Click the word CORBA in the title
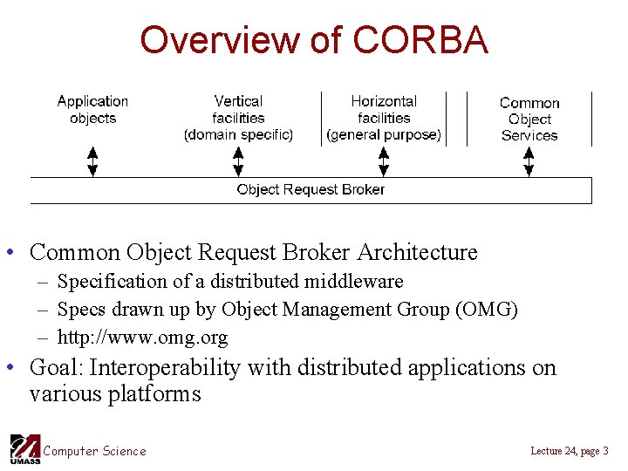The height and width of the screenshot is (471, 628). pyautogui.click(x=420, y=40)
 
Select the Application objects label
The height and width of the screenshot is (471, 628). pyautogui.click(x=92, y=110)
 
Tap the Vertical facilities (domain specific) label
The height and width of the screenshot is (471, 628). pyautogui.click(x=238, y=118)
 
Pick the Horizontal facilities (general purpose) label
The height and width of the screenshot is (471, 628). pyautogui.click(x=384, y=118)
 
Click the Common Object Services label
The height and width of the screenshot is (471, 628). pyautogui.click(x=529, y=119)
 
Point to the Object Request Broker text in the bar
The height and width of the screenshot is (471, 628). pyautogui.click(x=311, y=189)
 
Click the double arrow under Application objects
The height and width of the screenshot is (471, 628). pyautogui.click(x=92, y=161)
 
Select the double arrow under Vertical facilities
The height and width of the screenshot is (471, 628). pyautogui.click(x=238, y=161)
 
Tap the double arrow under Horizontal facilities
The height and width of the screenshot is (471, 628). pyautogui.click(x=384, y=161)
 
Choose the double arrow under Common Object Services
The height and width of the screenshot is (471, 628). pyautogui.click(x=529, y=161)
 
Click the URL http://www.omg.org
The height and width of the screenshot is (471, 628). pyautogui.click(x=142, y=337)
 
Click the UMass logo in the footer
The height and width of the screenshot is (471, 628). pyautogui.click(x=24, y=448)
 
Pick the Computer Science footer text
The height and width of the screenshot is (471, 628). pyautogui.click(x=95, y=451)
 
